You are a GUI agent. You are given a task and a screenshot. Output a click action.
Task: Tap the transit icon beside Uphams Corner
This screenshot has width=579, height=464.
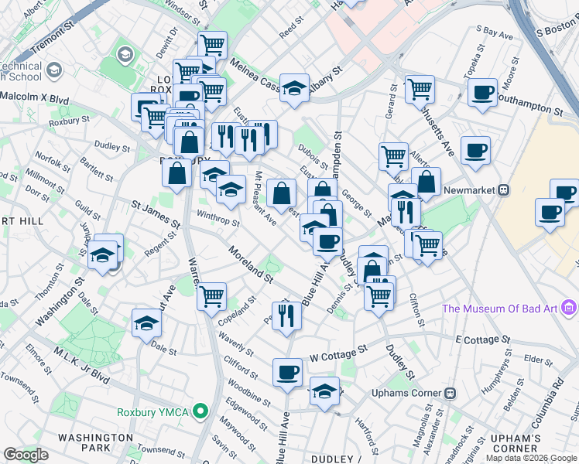tap(451, 393)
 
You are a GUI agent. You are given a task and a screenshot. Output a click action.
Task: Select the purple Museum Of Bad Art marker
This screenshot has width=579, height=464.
tap(570, 309)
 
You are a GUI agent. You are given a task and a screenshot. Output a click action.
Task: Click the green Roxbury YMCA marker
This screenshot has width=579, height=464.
tap(201, 411)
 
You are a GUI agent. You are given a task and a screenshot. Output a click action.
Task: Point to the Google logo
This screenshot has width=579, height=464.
tap(26, 455)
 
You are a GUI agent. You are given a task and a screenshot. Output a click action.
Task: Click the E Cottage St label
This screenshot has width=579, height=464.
tap(483, 339)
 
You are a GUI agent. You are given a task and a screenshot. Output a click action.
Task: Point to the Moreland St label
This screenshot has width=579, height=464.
tap(251, 264)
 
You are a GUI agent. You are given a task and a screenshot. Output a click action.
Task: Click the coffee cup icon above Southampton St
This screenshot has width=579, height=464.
tap(482, 93)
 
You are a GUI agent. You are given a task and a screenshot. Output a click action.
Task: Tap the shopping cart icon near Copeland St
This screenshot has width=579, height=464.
tap(211, 295)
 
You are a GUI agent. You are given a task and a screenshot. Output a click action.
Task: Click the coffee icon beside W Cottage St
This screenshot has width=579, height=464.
tap(287, 372)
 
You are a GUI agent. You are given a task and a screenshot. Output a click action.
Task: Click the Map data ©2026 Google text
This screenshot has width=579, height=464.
tap(531, 458)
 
